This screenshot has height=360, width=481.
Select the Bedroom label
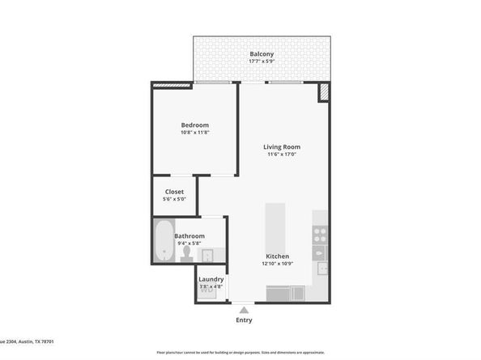coord(194,125)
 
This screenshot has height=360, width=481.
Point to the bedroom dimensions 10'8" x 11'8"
coord(194,133)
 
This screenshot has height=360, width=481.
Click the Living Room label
coord(282,146)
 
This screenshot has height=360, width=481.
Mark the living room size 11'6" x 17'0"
coord(282,155)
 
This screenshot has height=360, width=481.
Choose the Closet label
coord(174,192)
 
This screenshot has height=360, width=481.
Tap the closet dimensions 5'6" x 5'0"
coord(174,200)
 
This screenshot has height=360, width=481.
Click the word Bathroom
coord(189,236)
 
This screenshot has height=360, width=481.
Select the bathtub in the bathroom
coord(164,241)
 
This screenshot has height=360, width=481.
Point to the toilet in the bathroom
coord(187,254)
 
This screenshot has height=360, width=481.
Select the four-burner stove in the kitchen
coord(320,235)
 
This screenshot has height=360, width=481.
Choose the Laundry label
coord(211,279)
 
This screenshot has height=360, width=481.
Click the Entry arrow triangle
coord(244,308)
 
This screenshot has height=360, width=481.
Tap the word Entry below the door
coord(244,320)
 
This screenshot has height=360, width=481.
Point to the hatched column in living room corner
coord(324,92)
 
